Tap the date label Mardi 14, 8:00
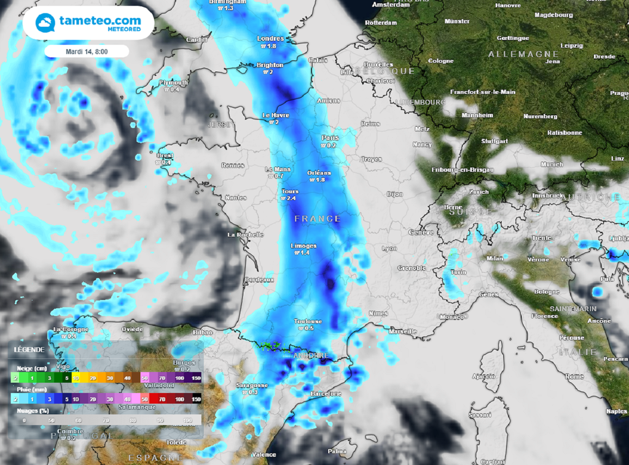(87, 52)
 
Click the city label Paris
(330, 138)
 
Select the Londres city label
(271, 39)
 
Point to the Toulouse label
(308, 321)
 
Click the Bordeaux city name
(259, 280)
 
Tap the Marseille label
(403, 331)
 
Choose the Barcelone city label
(326, 393)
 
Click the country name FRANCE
(317, 219)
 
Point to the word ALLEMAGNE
(523, 55)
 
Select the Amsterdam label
(391, 4)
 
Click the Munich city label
(552, 164)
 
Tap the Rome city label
(574, 376)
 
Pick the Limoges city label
(303, 246)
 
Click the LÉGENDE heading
(29, 349)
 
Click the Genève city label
(421, 233)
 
